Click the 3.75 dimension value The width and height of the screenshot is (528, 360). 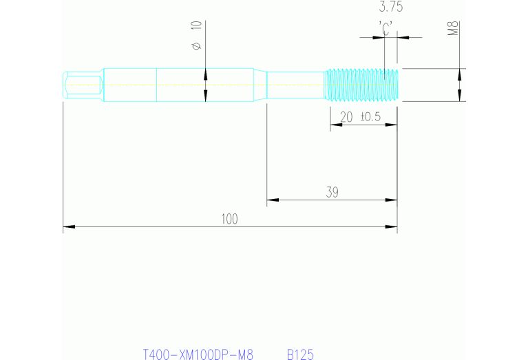(391, 8)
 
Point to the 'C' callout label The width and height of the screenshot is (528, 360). (386, 28)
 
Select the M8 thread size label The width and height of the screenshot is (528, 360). (453, 29)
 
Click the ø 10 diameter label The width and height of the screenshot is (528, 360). (196, 34)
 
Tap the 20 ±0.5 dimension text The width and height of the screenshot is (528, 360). (361, 117)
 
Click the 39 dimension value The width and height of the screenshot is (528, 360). (332, 193)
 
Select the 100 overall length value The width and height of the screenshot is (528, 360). (229, 219)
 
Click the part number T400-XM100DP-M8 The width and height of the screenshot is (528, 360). (198, 354)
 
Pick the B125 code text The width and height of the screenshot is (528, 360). (300, 354)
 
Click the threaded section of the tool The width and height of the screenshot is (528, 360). (361, 85)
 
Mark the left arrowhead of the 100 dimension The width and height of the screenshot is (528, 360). (68, 226)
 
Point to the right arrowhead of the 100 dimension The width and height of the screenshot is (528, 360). (392, 226)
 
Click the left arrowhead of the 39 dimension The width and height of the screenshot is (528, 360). (272, 200)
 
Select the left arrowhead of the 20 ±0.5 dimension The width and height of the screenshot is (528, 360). (335, 125)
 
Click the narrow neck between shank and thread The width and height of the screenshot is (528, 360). (295, 85)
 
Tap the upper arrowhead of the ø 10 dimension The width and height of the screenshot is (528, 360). (205, 72)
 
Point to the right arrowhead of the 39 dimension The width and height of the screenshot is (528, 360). (392, 200)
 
